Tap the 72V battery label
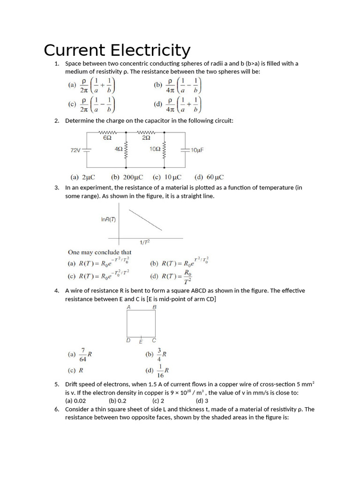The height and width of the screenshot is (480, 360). click(x=75, y=150)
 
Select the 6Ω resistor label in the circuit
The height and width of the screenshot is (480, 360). click(x=107, y=138)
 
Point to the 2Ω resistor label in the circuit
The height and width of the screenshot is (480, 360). click(x=146, y=138)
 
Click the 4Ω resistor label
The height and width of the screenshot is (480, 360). click(x=119, y=149)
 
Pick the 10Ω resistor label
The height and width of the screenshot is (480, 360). click(x=155, y=149)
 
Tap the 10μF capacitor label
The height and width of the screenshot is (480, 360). click(x=197, y=150)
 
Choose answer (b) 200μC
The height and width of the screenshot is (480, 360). click(x=127, y=178)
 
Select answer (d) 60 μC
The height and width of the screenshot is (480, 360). click(x=209, y=178)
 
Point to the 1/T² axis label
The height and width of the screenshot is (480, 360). click(x=145, y=242)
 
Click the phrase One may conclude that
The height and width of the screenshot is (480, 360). click(x=100, y=252)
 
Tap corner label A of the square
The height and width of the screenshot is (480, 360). click(x=128, y=307)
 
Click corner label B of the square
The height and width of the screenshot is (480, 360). click(x=154, y=307)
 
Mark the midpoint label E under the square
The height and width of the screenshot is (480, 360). click(x=141, y=341)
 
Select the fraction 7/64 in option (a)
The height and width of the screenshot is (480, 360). click(x=83, y=355)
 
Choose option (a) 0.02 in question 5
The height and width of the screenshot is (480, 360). click(x=75, y=401)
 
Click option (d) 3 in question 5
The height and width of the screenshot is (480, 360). click(x=202, y=401)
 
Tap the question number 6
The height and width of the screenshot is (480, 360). click(x=56, y=409)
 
